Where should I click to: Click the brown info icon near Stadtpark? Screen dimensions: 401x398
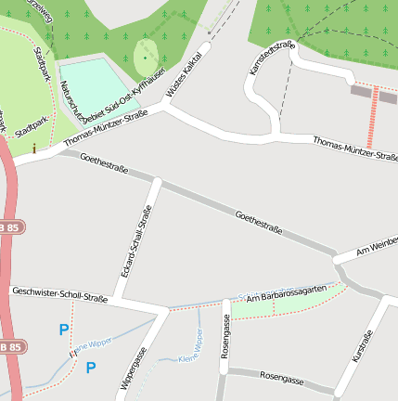tap(34, 147)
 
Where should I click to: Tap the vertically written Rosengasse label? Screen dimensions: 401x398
tap(225, 336)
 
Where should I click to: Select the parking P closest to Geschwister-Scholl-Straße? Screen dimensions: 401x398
tap(64, 329)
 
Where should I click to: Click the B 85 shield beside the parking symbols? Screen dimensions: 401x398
tap(8, 347)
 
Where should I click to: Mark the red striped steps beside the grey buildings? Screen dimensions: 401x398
tap(373, 118)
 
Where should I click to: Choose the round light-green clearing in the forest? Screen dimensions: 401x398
tap(146, 58)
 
